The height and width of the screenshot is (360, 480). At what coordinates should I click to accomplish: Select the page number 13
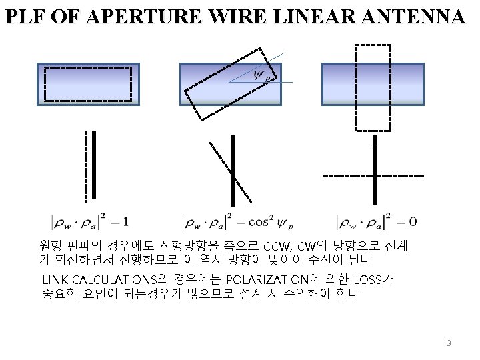click(446, 343)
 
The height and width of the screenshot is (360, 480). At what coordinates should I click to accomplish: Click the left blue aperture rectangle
click(88, 84)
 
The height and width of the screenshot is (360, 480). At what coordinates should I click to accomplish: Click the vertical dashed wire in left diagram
click(86, 165)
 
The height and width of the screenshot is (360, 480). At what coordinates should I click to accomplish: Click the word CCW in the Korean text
click(276, 245)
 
